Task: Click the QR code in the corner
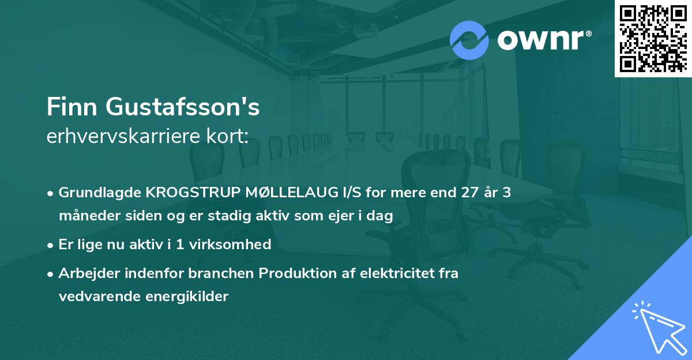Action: (653, 38)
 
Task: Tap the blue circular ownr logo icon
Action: (469, 40)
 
